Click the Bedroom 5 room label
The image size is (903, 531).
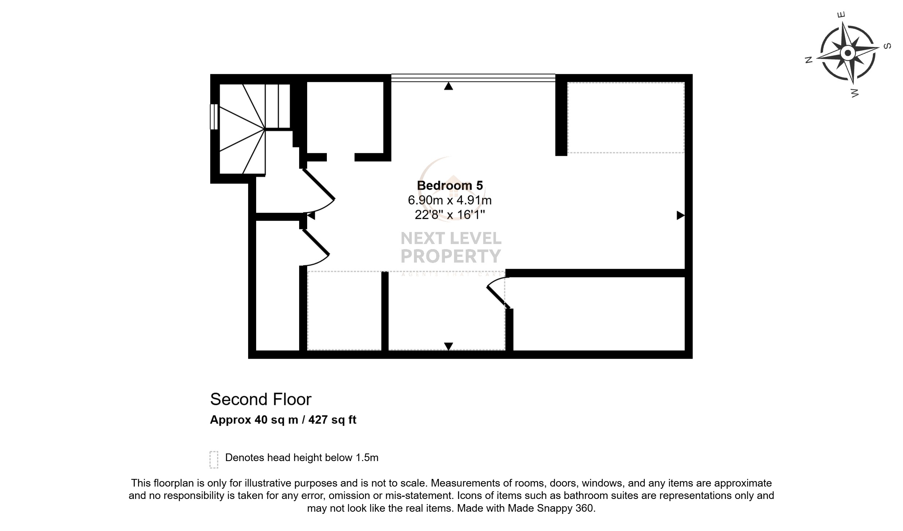(450, 186)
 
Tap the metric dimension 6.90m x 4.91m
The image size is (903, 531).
(450, 200)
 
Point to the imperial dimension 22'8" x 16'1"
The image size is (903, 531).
(450, 215)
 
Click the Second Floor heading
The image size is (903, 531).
(261, 400)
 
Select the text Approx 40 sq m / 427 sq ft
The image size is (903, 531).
(283, 420)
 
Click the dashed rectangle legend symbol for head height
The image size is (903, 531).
(214, 459)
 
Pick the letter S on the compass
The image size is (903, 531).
(888, 46)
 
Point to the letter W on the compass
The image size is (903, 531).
(855, 93)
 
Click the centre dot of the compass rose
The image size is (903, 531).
(848, 53)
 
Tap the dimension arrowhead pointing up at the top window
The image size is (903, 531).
(449, 86)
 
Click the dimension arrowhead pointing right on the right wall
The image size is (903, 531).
(680, 216)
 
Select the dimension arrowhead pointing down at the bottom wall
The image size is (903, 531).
(449, 346)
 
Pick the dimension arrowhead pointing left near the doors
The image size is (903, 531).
(311, 216)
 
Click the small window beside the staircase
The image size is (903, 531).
(214, 117)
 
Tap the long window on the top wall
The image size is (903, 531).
(473, 77)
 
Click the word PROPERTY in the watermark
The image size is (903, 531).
(451, 256)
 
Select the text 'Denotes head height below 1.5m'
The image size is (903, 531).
(302, 458)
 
